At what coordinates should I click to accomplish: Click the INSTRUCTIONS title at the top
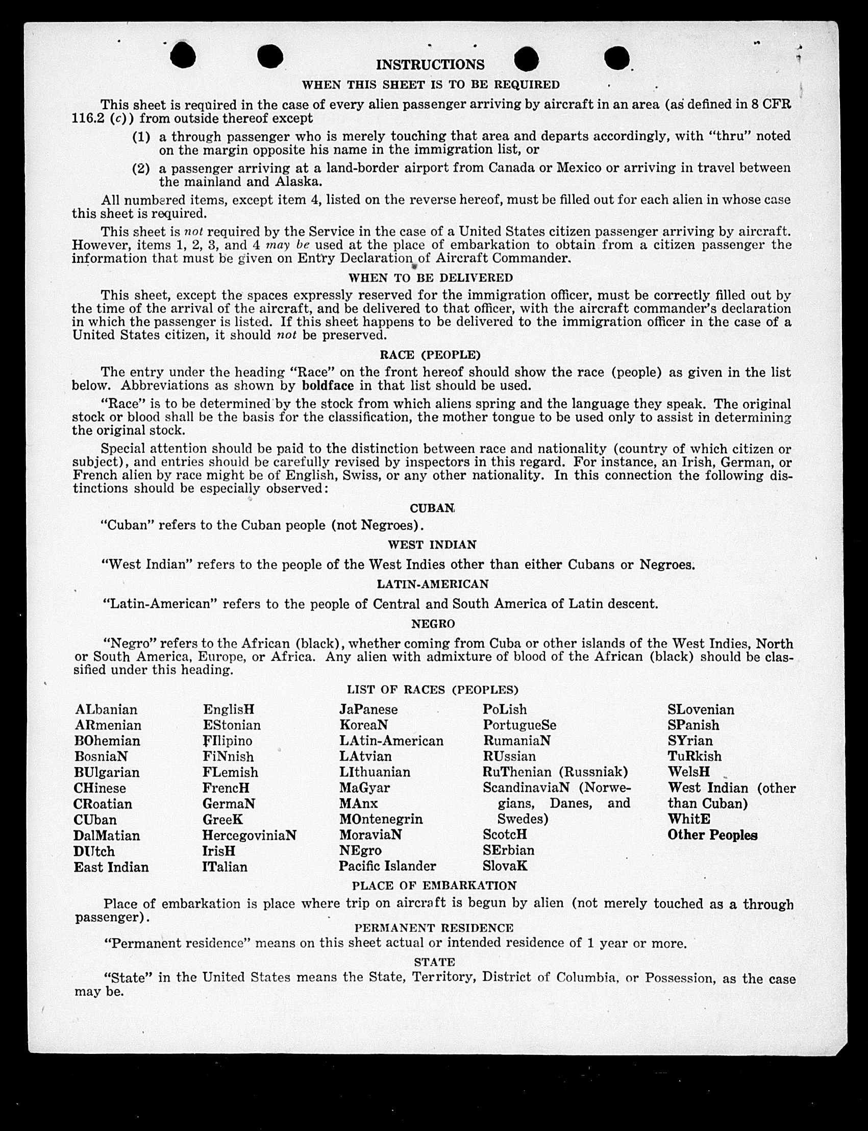[430, 65]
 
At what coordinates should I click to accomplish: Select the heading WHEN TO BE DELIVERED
[430, 278]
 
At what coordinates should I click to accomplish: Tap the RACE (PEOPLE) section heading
[430, 355]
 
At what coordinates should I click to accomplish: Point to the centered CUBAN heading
[432, 508]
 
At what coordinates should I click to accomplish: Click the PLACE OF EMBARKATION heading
[434, 886]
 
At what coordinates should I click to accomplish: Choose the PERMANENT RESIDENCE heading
[434, 928]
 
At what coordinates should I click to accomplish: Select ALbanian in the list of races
[106, 710]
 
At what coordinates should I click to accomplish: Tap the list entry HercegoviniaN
[249, 835]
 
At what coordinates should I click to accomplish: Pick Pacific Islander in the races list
[387, 866]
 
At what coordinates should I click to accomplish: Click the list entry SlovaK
[505, 866]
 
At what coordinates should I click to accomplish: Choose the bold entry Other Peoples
[712, 835]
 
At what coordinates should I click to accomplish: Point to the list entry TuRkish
[694, 756]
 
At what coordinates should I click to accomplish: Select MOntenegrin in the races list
[381, 820]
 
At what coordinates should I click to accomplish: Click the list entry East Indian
[111, 867]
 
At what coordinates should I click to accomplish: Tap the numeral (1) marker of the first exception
[141, 137]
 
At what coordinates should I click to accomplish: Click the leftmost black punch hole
[183, 55]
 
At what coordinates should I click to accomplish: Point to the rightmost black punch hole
[616, 57]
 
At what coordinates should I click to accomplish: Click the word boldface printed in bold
[328, 385]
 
